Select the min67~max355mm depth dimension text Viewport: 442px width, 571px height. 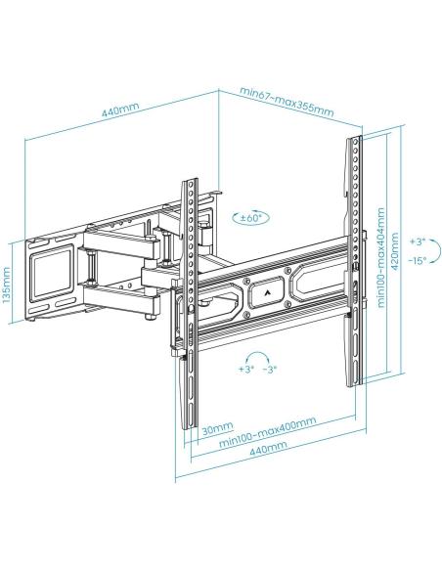(x=287, y=102)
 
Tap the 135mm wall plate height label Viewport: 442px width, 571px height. (x=9, y=285)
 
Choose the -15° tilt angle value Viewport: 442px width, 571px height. (x=418, y=260)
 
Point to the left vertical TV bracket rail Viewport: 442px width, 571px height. (x=191, y=303)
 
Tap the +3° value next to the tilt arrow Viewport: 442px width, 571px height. (x=418, y=241)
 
